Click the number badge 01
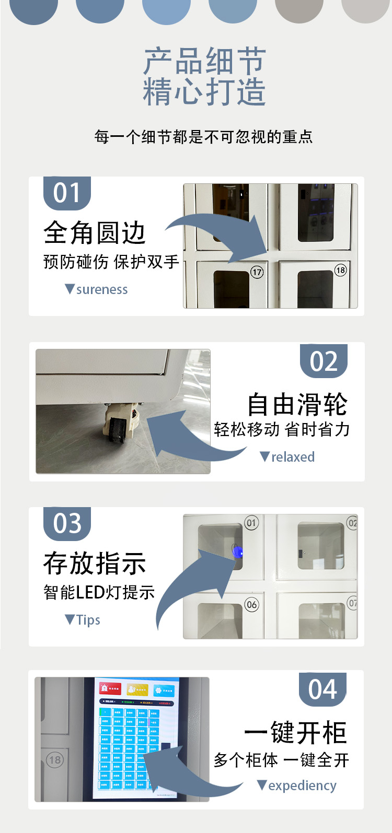[67, 193]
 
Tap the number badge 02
[324, 361]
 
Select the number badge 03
[67, 523]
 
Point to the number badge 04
[322, 689]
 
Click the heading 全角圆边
[95, 232]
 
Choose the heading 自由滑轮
[297, 404]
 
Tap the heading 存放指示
[95, 563]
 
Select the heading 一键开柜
[295, 733]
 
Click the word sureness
[102, 290]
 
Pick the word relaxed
[293, 457]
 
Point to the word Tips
[88, 620]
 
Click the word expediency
[302, 785]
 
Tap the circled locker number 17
[257, 272]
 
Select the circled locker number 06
[251, 605]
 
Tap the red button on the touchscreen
[110, 689]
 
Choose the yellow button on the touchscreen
[137, 689]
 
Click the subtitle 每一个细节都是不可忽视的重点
[203, 137]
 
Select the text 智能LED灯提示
[99, 592]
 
